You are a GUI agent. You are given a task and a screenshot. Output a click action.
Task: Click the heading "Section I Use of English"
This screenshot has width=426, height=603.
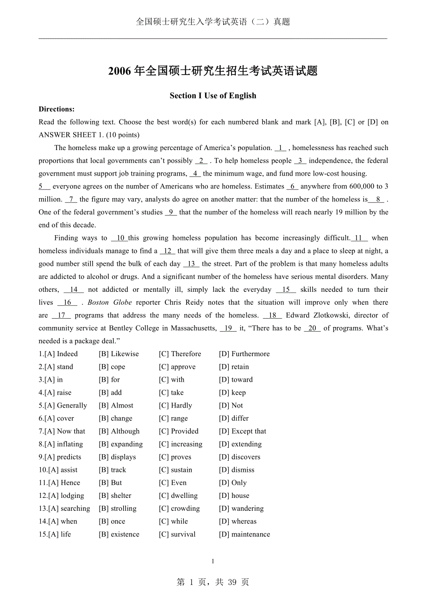(213, 96)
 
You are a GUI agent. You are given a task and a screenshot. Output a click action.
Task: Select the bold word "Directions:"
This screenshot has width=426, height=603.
(56, 109)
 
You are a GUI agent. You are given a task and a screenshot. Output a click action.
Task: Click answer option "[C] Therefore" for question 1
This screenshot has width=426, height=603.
(180, 354)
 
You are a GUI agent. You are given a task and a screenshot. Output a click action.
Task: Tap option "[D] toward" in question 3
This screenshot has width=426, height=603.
(236, 380)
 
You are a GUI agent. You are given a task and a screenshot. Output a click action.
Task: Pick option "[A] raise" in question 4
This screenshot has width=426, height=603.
(58, 393)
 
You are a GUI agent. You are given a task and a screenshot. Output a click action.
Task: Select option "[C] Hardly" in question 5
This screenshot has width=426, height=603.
(175, 406)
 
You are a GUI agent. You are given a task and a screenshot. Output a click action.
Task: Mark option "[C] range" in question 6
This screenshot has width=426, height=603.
(173, 419)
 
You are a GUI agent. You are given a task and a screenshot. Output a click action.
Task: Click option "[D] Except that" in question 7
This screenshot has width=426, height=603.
(242, 431)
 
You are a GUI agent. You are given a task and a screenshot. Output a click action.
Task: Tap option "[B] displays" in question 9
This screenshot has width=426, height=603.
(117, 457)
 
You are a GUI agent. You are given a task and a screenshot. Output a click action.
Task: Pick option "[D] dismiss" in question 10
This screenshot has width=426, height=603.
(237, 470)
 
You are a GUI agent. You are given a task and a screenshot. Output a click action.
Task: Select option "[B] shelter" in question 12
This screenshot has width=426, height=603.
(115, 496)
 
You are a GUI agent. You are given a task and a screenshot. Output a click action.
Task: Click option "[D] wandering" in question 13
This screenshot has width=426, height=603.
(241, 509)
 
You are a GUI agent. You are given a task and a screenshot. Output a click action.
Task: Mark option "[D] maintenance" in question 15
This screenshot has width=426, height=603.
(244, 534)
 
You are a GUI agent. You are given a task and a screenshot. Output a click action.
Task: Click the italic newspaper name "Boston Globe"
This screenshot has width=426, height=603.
(110, 302)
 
